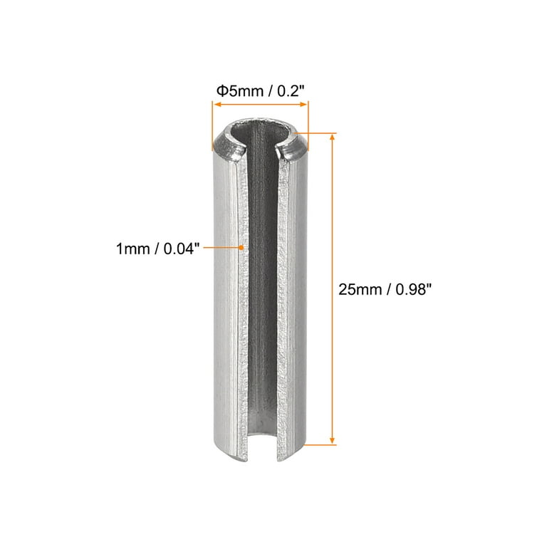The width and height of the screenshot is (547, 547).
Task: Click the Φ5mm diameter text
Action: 236,90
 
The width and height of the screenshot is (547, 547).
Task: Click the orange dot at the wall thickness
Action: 242,247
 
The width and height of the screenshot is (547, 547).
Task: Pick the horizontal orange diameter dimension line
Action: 260,104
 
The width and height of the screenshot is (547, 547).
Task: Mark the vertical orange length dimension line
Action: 332,288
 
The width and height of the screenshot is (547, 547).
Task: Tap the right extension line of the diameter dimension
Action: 308,121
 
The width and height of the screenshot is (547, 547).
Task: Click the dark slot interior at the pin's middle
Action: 265,285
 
